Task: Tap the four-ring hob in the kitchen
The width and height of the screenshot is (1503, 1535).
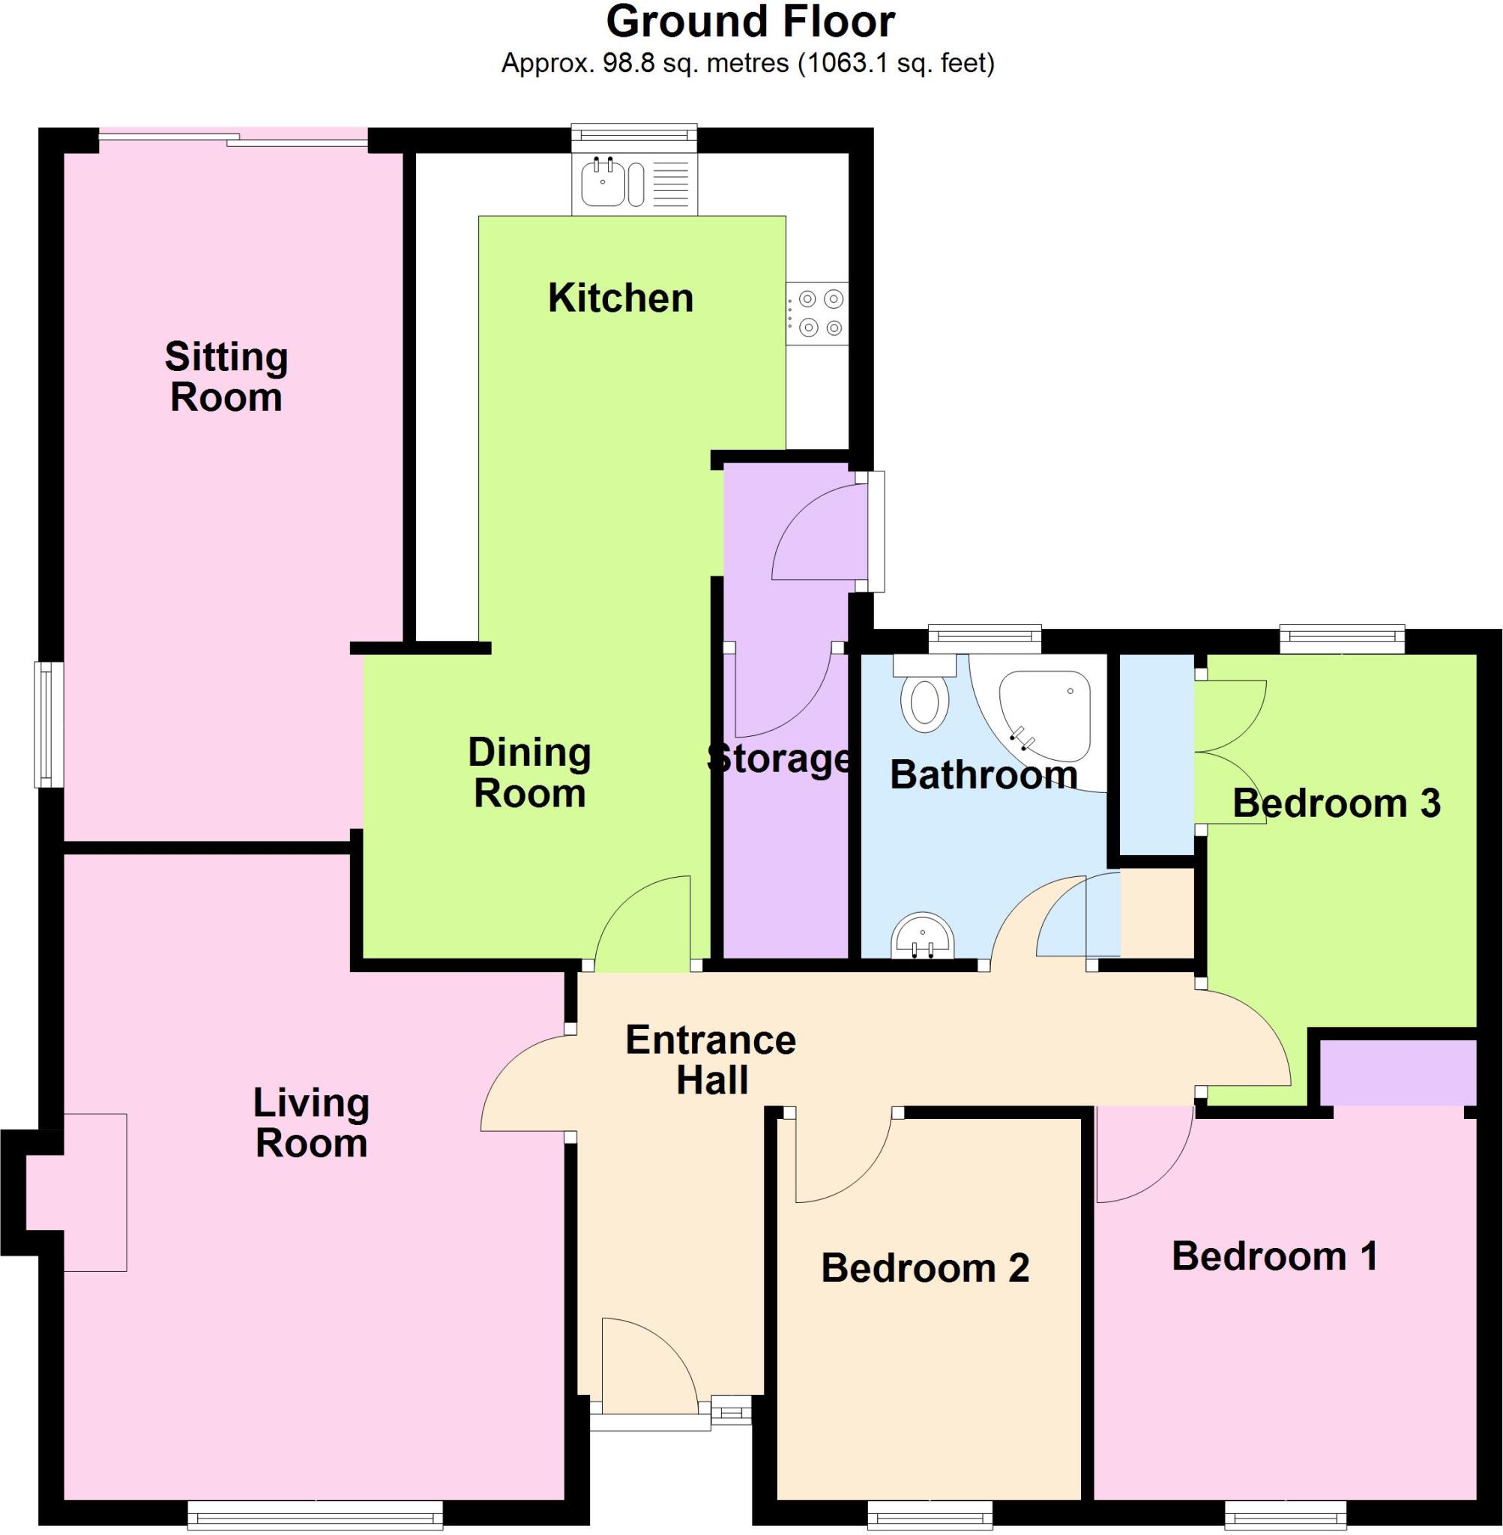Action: (818, 313)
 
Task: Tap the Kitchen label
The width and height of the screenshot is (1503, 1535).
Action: (621, 298)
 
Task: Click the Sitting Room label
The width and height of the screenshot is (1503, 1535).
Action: (226, 376)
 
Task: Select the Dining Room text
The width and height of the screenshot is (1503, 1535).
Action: (530, 773)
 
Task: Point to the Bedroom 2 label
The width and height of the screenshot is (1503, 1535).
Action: (925, 1267)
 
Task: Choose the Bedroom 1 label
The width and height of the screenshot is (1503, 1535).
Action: (1275, 1255)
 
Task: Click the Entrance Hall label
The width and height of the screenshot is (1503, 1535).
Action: (711, 1060)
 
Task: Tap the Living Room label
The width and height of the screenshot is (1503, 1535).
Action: (312, 1122)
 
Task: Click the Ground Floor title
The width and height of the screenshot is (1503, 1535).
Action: (750, 22)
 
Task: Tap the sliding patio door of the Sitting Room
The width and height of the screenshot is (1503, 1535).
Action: (234, 139)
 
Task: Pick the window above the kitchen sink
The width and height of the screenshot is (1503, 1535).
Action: (635, 134)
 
